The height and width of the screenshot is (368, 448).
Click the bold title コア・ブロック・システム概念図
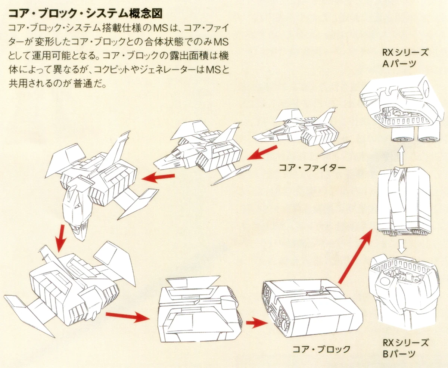point(85,14)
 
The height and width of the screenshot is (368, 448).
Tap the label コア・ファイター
point(312,168)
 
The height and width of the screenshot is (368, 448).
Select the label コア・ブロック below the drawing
point(321,349)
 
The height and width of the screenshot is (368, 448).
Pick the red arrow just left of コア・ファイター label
point(263,153)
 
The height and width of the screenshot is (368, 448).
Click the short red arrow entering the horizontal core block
point(255,322)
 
